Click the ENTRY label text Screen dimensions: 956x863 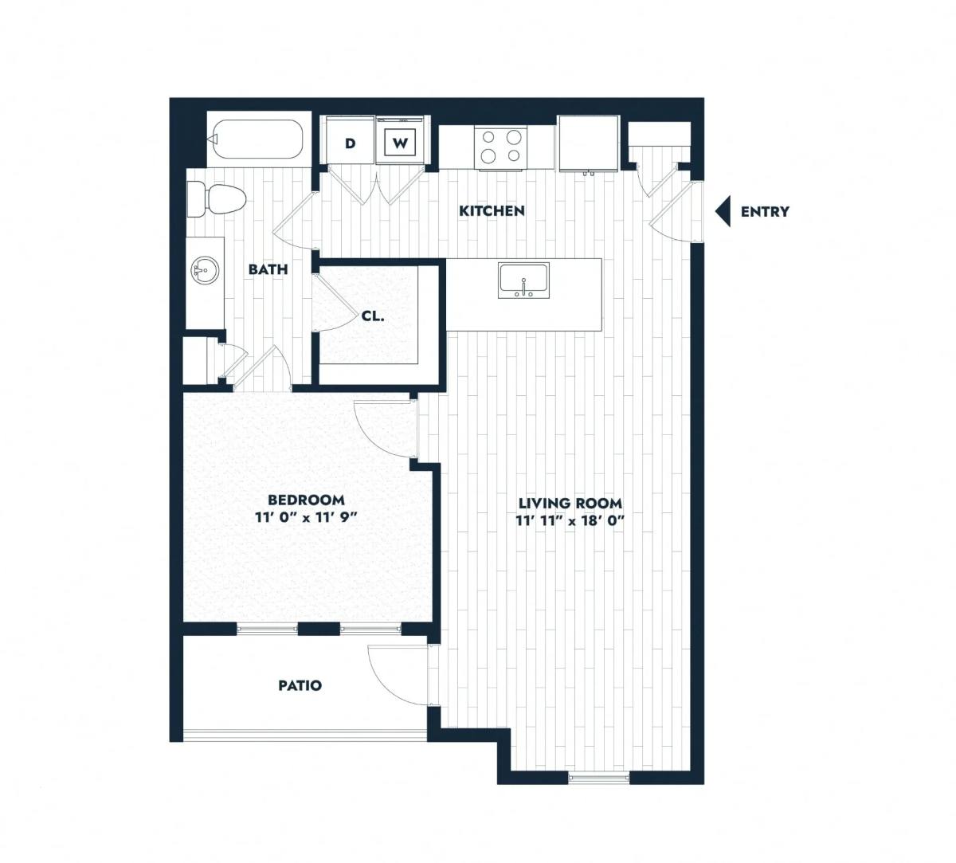click(765, 212)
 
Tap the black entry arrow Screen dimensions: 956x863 click(723, 211)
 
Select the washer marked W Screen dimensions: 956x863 click(400, 141)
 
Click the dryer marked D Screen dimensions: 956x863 click(351, 141)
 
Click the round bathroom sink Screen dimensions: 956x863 click(205, 271)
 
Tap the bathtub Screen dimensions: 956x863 click(258, 139)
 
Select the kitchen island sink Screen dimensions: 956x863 click(523, 280)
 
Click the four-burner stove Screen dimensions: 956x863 click(501, 147)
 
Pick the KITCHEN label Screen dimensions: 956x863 click(492, 210)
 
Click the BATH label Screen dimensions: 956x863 click(268, 269)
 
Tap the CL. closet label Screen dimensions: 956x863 click(373, 316)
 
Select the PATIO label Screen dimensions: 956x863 click(300, 685)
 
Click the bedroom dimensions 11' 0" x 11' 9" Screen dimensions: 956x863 click(307, 518)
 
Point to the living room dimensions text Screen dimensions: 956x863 click(570, 520)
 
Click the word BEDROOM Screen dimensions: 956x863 click(306, 500)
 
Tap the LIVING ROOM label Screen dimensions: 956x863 click(570, 503)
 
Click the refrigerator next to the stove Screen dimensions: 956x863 click(589, 143)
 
